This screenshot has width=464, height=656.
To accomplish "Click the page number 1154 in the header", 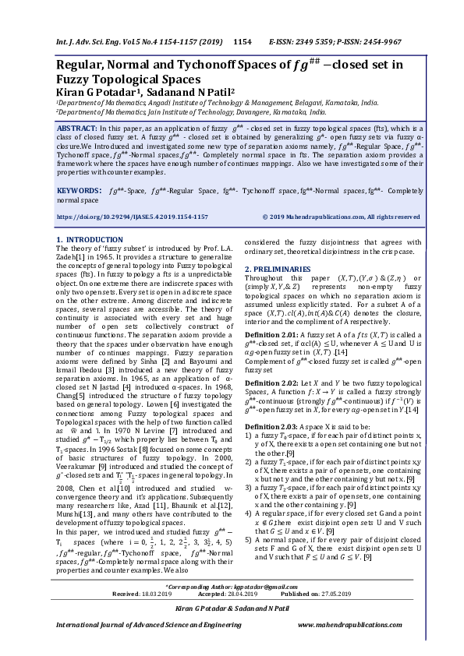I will coord(243,41).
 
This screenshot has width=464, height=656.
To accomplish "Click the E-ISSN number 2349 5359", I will coord(321,41).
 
